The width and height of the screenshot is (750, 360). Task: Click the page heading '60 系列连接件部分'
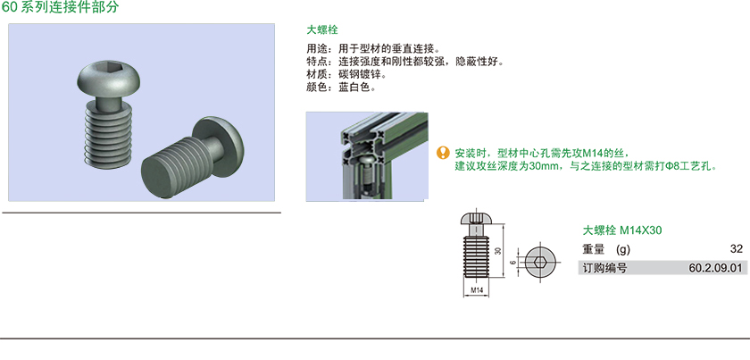[x=59, y=7]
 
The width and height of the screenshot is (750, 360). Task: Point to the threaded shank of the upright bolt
[x=109, y=137]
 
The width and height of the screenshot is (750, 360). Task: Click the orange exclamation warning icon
[x=444, y=153]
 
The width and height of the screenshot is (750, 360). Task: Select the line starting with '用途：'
[x=372, y=49]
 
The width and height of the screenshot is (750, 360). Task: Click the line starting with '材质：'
[x=346, y=75]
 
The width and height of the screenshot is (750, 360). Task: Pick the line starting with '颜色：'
[x=341, y=88]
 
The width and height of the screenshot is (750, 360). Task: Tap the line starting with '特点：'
[x=405, y=62]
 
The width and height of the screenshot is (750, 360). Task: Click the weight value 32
[x=737, y=249]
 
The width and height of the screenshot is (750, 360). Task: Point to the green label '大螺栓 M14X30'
[x=621, y=230]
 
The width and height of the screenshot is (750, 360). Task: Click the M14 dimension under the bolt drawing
[x=476, y=290]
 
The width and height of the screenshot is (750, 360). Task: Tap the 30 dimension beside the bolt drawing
[x=498, y=251]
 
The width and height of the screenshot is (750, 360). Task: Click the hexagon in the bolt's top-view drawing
[x=541, y=262]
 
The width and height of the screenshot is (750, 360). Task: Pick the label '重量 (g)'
[x=606, y=249]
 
